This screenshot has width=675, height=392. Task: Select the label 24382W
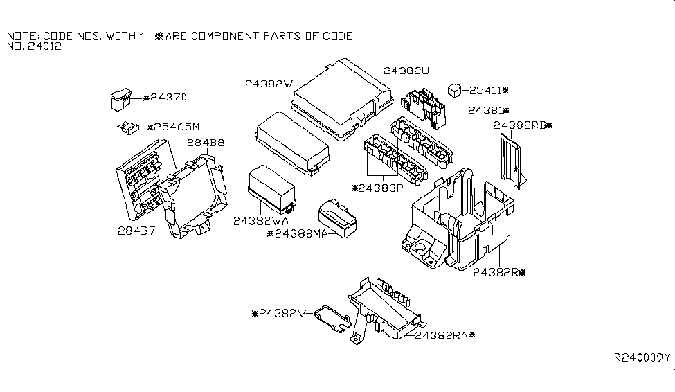268,84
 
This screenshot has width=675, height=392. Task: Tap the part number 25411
488,90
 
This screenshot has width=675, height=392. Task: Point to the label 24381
487,110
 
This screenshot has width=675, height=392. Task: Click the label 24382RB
520,125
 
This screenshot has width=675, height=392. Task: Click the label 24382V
281,313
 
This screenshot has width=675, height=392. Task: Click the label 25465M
172,127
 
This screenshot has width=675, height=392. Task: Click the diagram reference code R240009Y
642,357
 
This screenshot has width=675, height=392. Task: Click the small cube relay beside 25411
455,89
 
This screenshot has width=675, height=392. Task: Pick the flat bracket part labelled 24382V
330,319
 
